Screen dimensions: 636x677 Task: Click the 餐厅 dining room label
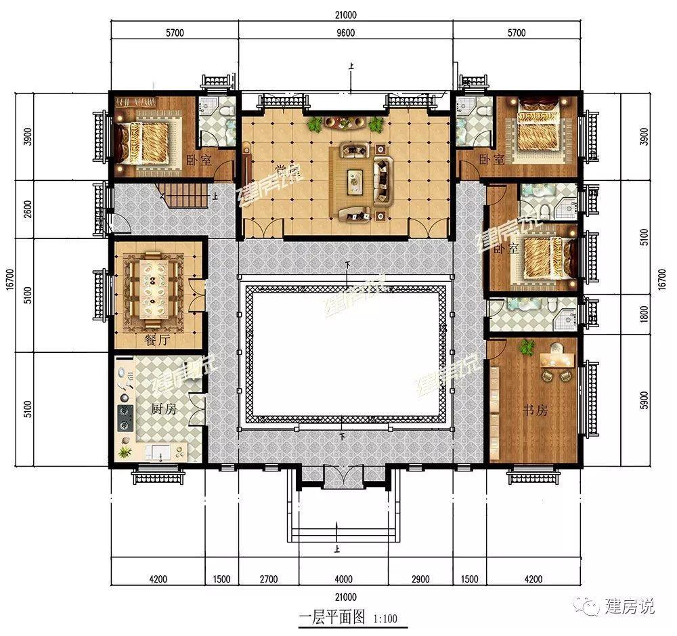[156, 341]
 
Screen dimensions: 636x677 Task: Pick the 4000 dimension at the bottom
[344, 579]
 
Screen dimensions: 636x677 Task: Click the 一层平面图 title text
[332, 617]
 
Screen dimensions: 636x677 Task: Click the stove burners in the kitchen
[125, 417]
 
